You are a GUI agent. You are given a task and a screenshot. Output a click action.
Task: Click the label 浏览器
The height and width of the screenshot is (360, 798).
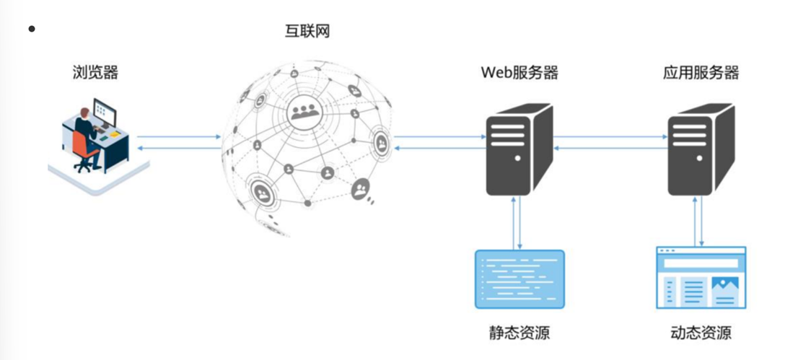(x=95, y=72)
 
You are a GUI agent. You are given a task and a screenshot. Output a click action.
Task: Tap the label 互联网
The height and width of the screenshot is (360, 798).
(x=307, y=31)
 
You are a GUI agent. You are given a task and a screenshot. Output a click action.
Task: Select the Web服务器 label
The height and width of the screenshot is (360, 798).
(x=519, y=73)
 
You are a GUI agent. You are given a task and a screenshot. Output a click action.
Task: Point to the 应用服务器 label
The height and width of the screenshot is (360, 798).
(x=701, y=73)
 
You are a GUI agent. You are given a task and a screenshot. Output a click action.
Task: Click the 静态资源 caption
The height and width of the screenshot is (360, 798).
(x=519, y=333)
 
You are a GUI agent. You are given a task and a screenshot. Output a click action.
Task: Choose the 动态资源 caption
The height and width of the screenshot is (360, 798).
(x=701, y=333)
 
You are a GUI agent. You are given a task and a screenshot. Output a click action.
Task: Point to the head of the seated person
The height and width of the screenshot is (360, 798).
(x=84, y=112)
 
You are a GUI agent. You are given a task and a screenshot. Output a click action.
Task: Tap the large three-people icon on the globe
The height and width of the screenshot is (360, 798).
(x=306, y=111)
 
